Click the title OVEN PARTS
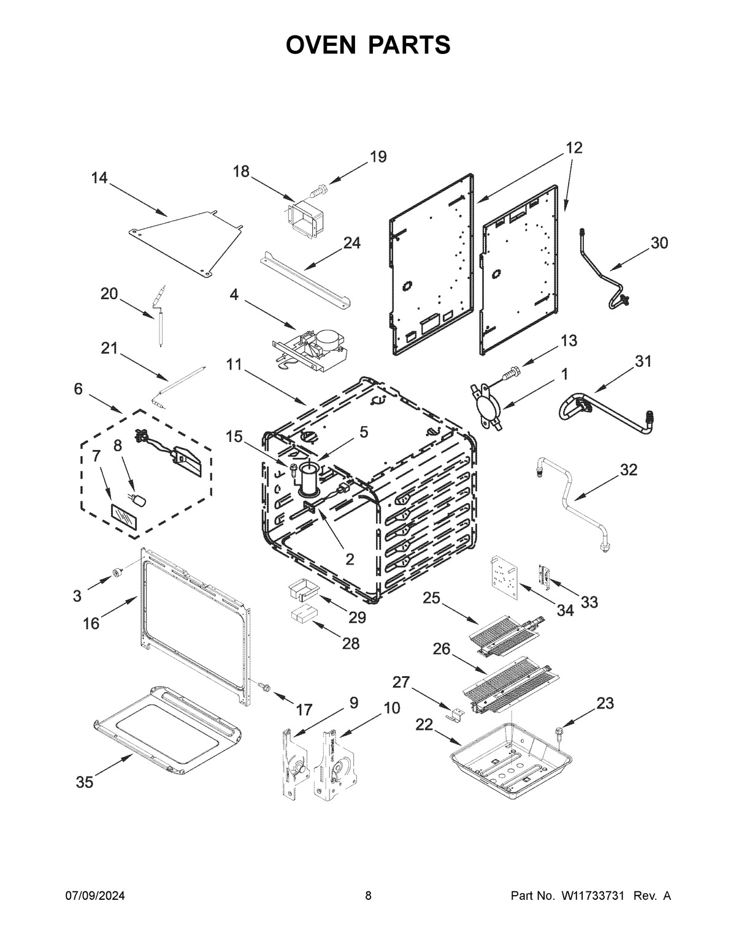point(368,45)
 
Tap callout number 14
point(99,178)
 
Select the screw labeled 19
point(318,192)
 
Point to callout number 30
point(659,243)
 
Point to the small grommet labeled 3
point(115,573)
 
